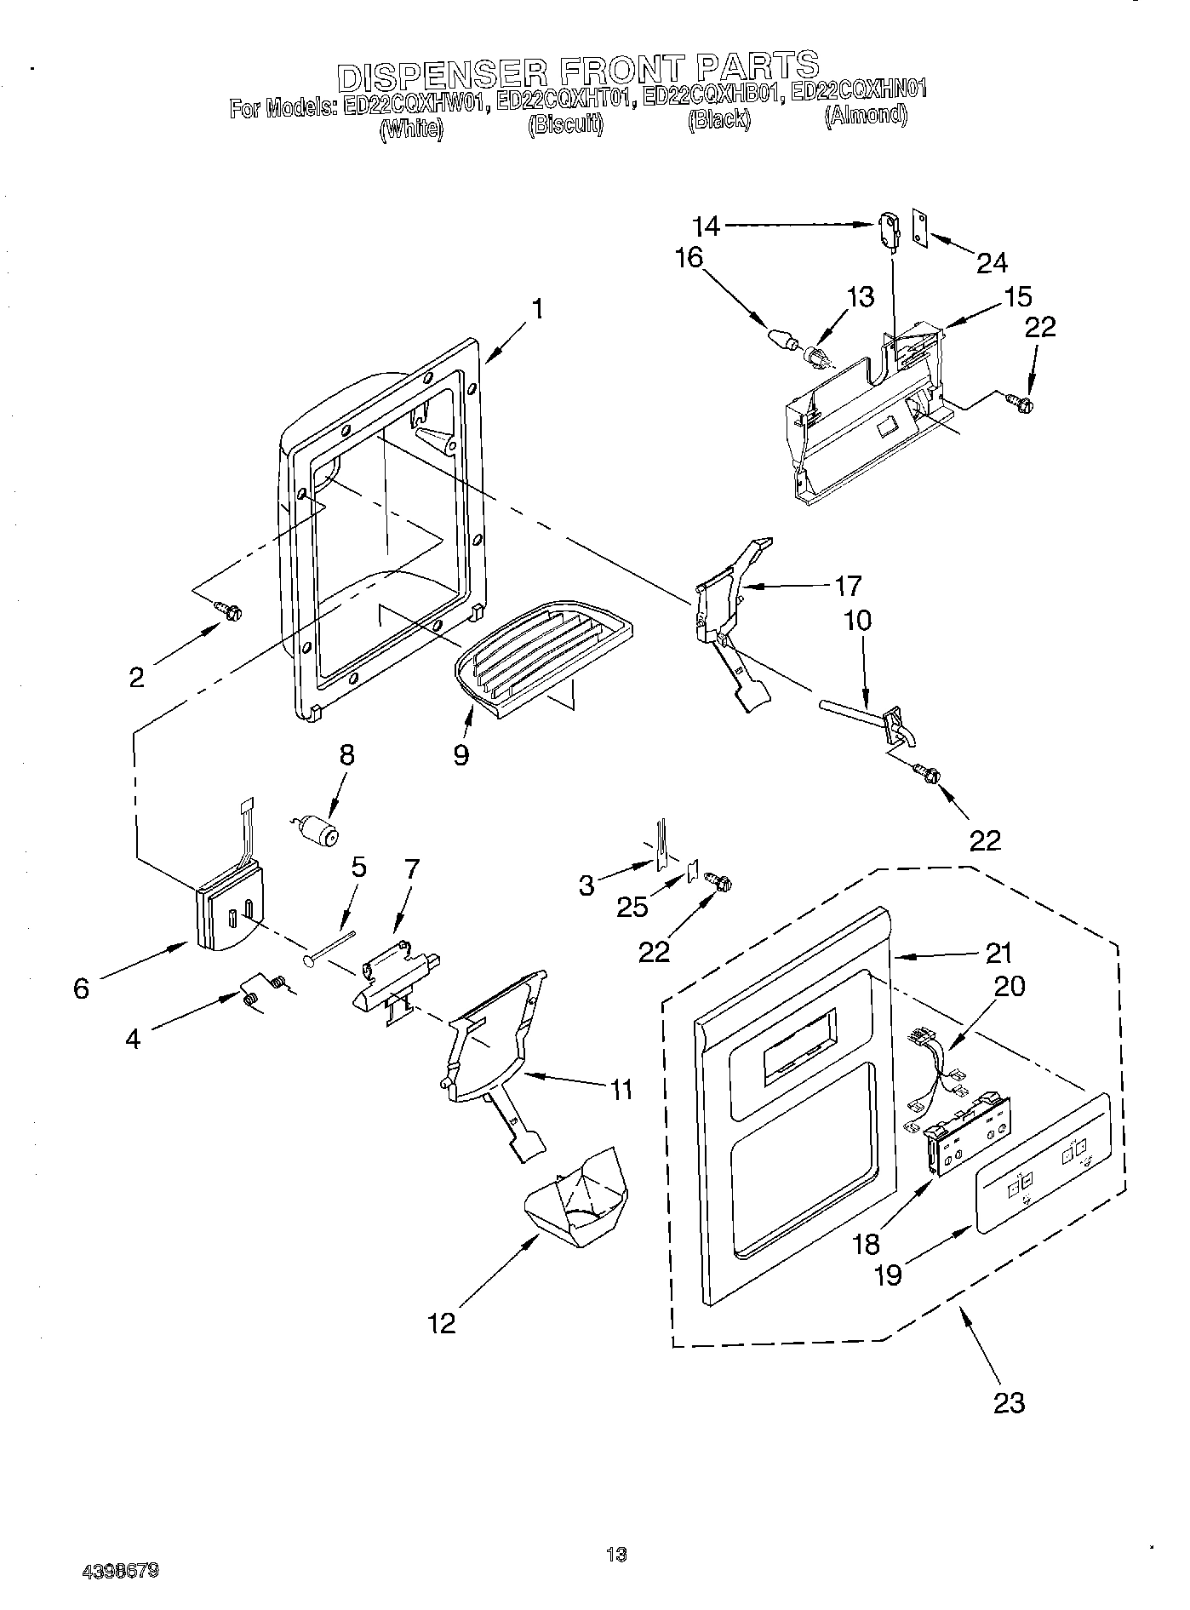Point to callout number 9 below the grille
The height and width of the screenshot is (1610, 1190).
(x=461, y=754)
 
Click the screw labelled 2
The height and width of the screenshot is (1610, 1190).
(x=229, y=610)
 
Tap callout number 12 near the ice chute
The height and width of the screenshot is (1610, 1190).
(x=443, y=1322)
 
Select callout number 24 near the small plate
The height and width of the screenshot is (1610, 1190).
(x=992, y=263)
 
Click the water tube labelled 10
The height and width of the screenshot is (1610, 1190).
(x=851, y=709)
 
